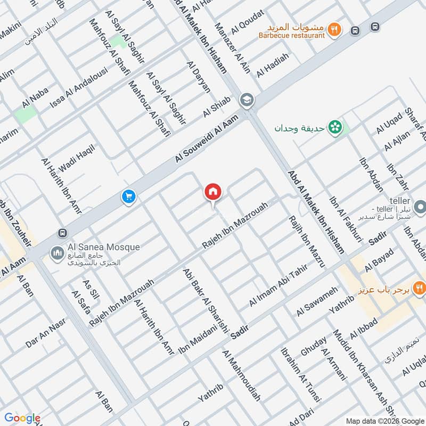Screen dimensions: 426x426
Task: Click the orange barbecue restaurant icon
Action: click(x=334, y=29)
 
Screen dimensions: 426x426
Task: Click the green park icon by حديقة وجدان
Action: click(x=335, y=127)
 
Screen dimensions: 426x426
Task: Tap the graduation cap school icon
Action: click(x=247, y=100)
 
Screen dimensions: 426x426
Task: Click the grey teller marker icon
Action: click(x=420, y=206)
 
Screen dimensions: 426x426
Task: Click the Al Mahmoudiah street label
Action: click(x=242, y=375)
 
